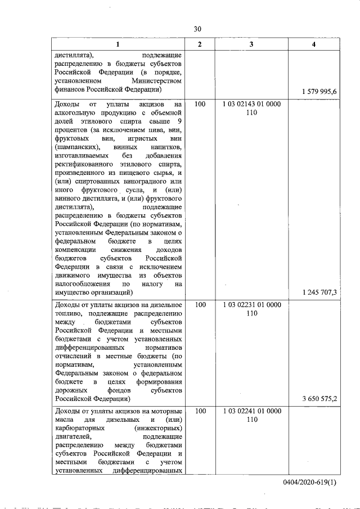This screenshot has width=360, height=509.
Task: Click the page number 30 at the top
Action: point(197,29)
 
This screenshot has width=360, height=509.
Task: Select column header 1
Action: point(118,44)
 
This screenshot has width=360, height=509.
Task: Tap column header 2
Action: point(200,44)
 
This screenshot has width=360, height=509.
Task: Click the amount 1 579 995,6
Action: point(319,91)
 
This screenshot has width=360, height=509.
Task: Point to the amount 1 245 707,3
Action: point(319,292)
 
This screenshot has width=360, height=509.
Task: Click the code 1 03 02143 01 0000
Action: point(251,104)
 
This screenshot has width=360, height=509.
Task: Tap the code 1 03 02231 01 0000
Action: point(251,305)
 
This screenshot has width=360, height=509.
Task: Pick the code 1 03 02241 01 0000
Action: point(251,411)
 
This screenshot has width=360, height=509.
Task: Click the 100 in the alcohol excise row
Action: point(200,104)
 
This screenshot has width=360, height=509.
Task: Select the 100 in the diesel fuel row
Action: point(200,305)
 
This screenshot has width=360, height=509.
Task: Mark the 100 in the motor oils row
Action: point(200,411)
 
